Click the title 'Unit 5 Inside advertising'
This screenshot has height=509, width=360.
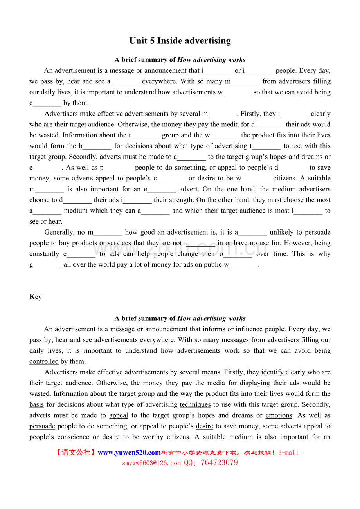click(180, 41)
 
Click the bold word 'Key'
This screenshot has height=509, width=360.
click(36, 297)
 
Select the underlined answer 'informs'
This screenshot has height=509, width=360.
click(214, 329)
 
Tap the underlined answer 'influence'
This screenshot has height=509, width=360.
click(249, 329)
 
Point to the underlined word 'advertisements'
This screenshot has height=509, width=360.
click(116, 340)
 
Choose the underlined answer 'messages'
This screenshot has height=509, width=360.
click(235, 340)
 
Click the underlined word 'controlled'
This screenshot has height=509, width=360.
click(44, 361)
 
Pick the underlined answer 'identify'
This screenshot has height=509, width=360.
click(272, 372)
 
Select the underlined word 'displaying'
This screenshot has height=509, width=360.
click(255, 383)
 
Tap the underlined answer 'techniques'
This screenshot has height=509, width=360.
click(195, 404)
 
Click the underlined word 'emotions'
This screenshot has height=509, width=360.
click(279, 415)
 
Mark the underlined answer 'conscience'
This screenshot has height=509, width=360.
click(73, 437)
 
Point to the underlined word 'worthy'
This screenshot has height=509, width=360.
click(153, 437)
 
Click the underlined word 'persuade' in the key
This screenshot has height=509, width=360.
click(42, 426)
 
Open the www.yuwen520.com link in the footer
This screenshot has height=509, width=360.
click(129, 453)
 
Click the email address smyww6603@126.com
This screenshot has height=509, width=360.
click(151, 463)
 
